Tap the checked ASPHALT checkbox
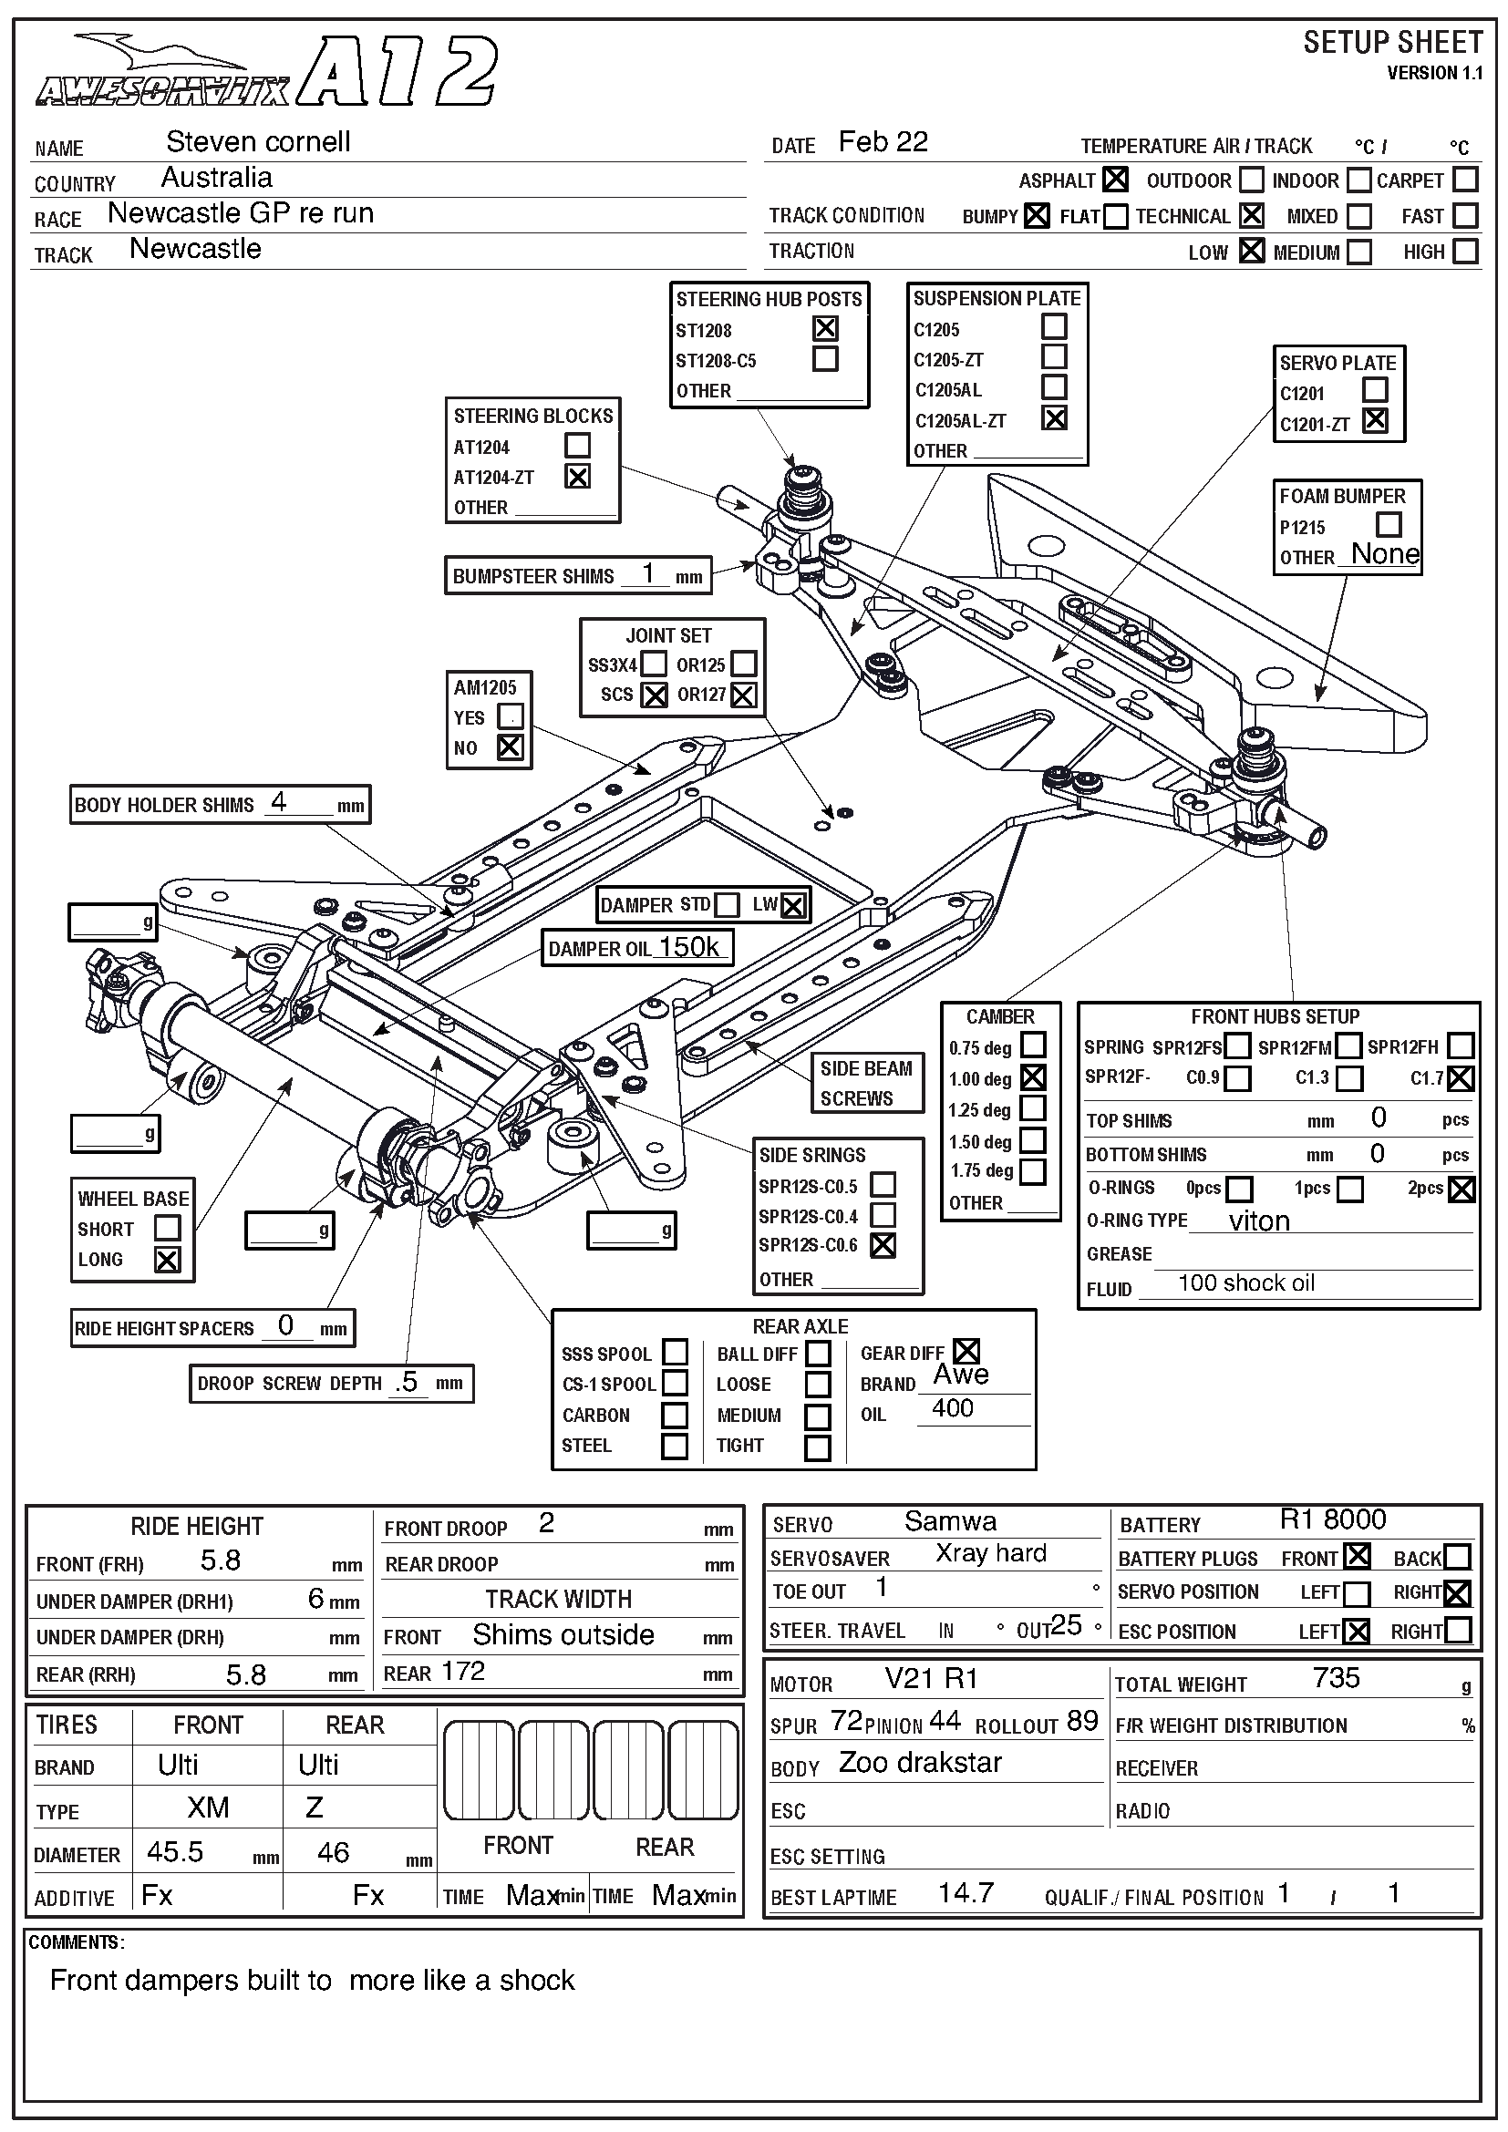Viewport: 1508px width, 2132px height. point(1115,180)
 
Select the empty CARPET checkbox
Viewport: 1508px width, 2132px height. point(1465,179)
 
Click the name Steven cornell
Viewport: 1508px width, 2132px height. point(258,142)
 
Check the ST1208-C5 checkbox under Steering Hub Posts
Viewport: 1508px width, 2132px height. point(824,359)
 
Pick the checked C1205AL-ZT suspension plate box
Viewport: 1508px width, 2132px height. point(1054,418)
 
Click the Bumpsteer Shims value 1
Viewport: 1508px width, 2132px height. point(648,573)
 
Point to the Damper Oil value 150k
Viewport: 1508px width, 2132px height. point(688,947)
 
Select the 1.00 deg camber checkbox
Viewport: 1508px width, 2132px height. point(1033,1077)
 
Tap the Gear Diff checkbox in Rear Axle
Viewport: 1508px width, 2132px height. point(966,1351)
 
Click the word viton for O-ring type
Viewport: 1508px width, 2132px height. point(1259,1221)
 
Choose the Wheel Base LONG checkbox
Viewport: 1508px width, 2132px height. point(167,1260)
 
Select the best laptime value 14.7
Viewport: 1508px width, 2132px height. point(966,1892)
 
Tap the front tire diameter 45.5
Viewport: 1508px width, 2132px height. point(174,1852)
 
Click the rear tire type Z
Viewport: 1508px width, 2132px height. point(314,1807)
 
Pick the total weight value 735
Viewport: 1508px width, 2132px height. point(1337,1678)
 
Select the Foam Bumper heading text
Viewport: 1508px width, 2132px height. point(1342,497)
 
